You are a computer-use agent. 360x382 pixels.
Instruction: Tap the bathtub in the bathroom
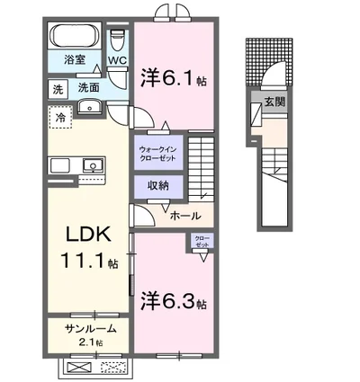click(75, 39)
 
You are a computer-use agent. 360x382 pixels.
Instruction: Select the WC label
click(117, 61)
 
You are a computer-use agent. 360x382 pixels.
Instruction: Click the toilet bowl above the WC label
click(116, 42)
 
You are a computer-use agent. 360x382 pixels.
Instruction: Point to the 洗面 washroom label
click(87, 88)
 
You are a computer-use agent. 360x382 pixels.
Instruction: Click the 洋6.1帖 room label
click(173, 79)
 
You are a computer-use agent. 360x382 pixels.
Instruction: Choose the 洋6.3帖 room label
click(173, 300)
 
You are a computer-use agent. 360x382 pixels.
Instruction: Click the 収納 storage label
click(158, 185)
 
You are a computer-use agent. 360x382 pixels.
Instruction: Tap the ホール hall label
click(185, 217)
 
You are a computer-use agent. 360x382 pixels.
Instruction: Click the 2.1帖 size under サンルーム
click(87, 342)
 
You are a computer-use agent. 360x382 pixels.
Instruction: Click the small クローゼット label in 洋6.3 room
click(200, 242)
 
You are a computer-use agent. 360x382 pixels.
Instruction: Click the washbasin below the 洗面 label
click(91, 108)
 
